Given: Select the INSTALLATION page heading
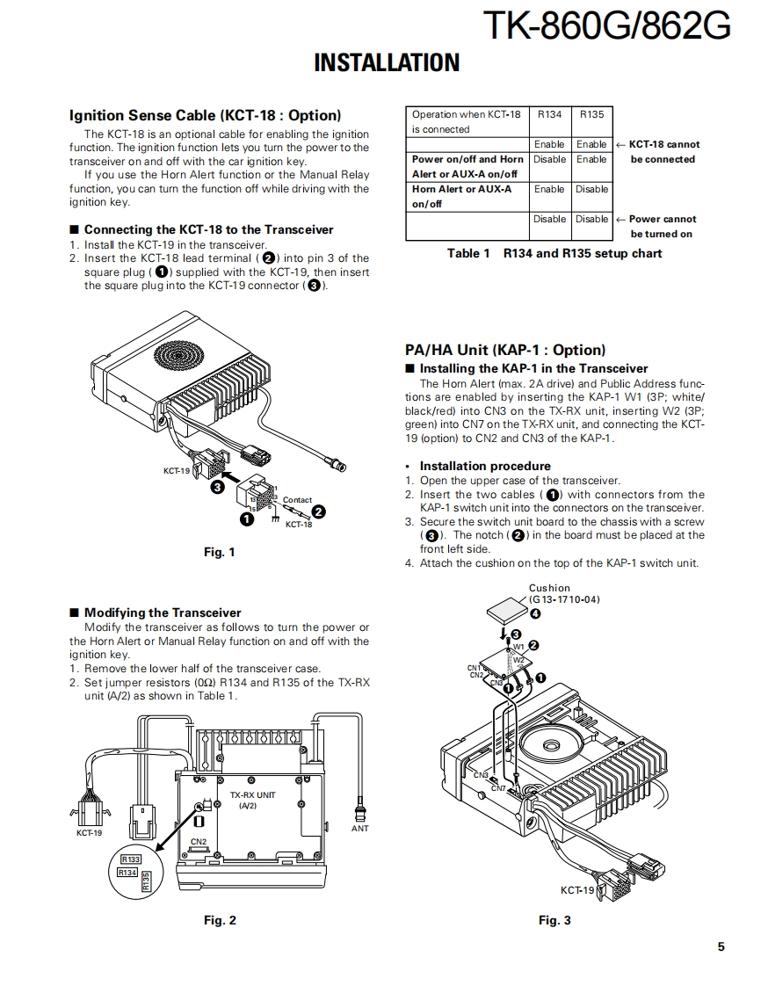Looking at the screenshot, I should tap(387, 63).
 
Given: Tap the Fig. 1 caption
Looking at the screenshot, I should tap(219, 552).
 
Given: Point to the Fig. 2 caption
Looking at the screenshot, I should tap(220, 920).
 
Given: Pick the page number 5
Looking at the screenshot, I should tap(721, 946).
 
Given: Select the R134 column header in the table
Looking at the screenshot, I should tap(549, 114).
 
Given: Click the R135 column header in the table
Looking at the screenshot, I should tap(591, 114).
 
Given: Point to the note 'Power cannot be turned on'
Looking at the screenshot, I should tap(661, 226).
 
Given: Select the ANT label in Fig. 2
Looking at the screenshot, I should tap(360, 828).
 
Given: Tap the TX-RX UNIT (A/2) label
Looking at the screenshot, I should tap(252, 800).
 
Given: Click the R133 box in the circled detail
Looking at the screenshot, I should tap(131, 859).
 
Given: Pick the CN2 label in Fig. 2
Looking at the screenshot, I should tap(199, 841).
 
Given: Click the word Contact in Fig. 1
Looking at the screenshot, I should tap(297, 500).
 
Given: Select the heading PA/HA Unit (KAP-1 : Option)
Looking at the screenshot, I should tap(505, 350).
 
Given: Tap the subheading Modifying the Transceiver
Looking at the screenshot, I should tap(163, 613).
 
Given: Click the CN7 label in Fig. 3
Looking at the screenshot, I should tap(498, 788).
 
